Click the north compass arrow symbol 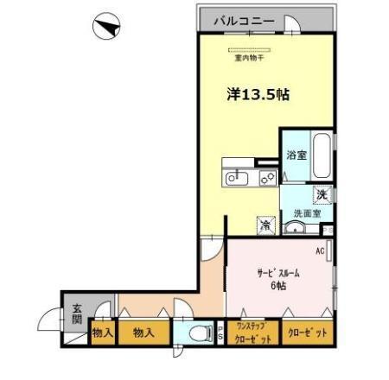pyautogui.click(x=105, y=28)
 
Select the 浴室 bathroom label pyautogui.click(x=295, y=156)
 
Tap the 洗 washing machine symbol pyautogui.click(x=322, y=195)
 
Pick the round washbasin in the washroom pyautogui.click(x=296, y=228)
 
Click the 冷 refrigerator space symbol pyautogui.click(x=266, y=225)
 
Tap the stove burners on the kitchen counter pyautogui.click(x=267, y=178)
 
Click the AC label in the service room pyautogui.click(x=319, y=251)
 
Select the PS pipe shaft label pyautogui.click(x=219, y=333)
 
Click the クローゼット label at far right pyautogui.click(x=307, y=333)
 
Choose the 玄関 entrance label pyautogui.click(x=77, y=314)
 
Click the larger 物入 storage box pyautogui.click(x=143, y=332)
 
